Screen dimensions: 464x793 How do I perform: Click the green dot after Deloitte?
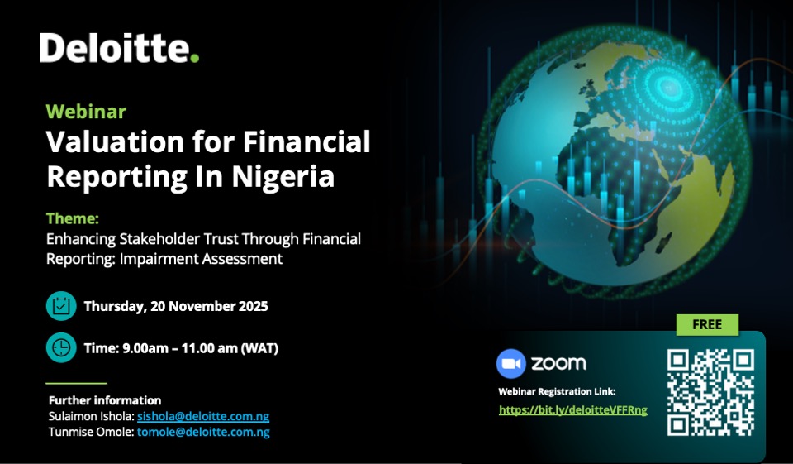pos(194,58)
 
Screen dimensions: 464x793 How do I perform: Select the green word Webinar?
pos(86,112)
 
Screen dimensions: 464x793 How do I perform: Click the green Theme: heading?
pos(73,219)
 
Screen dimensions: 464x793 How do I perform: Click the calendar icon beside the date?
pos(61,306)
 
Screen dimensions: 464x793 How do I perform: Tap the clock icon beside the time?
pos(61,348)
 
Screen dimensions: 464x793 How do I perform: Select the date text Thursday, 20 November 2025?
pos(176,307)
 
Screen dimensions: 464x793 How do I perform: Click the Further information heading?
pos(105,400)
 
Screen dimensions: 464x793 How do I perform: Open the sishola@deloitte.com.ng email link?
pos(203,416)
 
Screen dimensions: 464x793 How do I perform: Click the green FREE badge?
pos(707,325)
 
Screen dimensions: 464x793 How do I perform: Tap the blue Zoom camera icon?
pos(511,364)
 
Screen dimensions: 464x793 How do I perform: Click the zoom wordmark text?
pos(558,364)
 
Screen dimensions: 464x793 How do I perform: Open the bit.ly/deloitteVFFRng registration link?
pos(573,409)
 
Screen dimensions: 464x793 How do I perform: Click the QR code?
pos(710,392)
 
